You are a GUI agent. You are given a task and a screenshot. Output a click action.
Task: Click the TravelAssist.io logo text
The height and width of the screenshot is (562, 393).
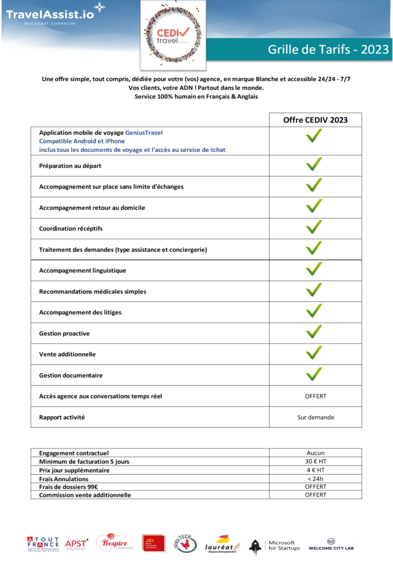click(x=49, y=15)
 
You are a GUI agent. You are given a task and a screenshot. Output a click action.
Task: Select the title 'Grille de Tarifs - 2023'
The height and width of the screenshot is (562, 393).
click(x=328, y=49)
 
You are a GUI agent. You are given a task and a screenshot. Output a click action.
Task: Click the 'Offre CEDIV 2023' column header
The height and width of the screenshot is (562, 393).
click(x=315, y=120)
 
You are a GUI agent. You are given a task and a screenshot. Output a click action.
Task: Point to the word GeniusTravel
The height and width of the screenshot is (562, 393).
click(x=144, y=133)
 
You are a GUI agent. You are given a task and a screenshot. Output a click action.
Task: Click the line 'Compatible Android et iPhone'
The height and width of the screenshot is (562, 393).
click(x=82, y=141)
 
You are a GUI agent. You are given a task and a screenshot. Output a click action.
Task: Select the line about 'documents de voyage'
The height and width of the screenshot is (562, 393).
click(x=132, y=150)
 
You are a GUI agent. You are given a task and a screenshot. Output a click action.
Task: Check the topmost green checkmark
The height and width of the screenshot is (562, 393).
click(x=314, y=136)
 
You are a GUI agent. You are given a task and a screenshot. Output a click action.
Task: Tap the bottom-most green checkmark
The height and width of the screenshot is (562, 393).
click(x=314, y=374)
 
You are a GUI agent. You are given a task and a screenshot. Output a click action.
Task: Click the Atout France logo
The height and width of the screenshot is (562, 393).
click(x=43, y=544)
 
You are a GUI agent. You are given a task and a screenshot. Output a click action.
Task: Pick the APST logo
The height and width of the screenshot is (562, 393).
click(x=76, y=544)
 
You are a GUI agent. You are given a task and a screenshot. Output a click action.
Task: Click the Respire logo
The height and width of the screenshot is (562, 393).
click(x=114, y=542)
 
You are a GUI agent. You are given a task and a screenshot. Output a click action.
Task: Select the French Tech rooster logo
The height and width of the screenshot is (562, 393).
click(x=185, y=543)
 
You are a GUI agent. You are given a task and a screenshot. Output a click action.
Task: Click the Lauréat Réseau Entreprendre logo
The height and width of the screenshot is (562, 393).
click(x=223, y=544)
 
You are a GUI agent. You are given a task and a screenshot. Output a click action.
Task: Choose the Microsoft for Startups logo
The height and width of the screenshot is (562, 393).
click(x=273, y=547)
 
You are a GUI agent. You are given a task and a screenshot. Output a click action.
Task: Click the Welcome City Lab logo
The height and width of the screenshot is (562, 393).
click(x=331, y=544)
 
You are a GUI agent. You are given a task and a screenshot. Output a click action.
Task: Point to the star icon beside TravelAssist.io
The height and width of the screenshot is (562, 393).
click(x=99, y=7)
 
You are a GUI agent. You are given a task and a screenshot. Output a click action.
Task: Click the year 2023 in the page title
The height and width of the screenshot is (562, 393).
click(x=375, y=49)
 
